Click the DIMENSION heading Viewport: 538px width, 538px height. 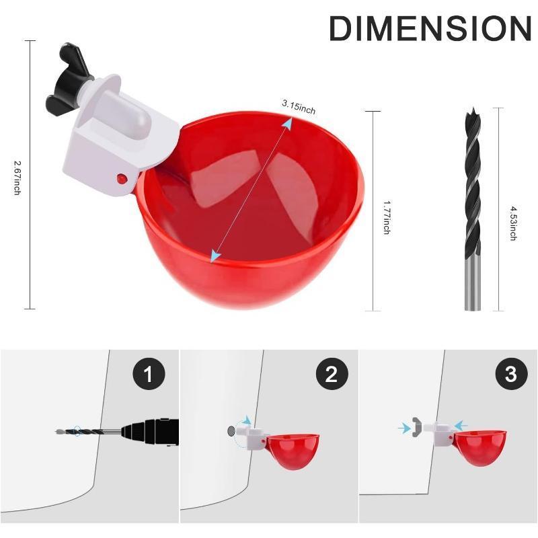430,28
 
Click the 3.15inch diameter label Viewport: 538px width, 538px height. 299,106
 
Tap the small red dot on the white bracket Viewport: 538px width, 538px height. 121,178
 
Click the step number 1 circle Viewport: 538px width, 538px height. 149,374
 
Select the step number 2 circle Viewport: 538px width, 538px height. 331,374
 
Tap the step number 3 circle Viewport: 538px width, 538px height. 510,374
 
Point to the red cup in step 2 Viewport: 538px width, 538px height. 293,449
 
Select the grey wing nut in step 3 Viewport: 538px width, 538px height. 418,426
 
